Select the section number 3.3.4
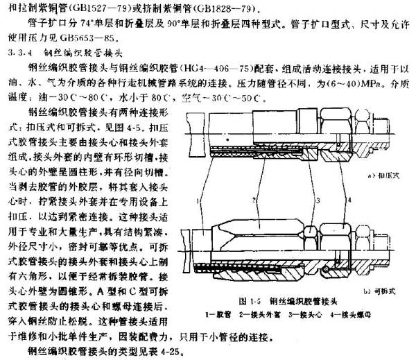(15, 51)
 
